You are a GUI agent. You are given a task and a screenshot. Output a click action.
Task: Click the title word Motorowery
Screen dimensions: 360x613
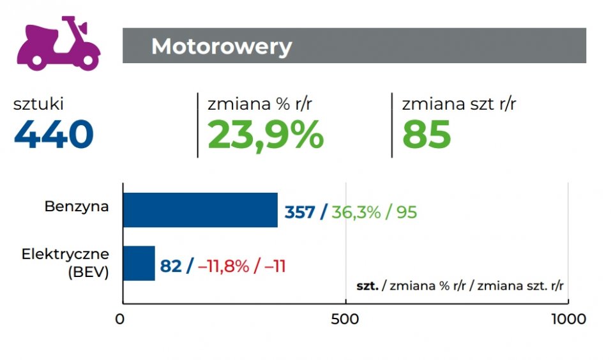pos(222,47)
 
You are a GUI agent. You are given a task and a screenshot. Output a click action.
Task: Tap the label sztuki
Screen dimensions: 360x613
pos(38,104)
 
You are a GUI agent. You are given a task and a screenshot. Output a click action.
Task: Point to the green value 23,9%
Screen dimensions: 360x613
pos(266,135)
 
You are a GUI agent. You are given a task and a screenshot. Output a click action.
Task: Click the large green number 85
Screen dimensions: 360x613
pos(427,135)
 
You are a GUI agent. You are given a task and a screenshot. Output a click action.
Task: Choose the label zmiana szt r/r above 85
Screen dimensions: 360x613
pos(458,104)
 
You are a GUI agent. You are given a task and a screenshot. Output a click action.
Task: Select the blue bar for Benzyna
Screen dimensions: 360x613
pos(200,210)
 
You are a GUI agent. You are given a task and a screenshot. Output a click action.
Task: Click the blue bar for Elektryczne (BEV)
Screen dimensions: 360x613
pos(139,263)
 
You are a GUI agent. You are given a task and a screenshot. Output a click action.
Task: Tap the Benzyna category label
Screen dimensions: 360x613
pos(77,207)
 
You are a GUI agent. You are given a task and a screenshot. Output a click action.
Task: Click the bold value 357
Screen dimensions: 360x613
pos(300,212)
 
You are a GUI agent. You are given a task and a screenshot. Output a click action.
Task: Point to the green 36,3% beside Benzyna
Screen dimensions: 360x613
pos(355,212)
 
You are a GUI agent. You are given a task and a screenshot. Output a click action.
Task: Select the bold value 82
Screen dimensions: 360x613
pos(170,266)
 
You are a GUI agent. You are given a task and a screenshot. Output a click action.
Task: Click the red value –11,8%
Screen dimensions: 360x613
pos(223,266)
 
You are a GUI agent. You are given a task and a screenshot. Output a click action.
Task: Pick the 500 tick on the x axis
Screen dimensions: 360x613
pos(345,319)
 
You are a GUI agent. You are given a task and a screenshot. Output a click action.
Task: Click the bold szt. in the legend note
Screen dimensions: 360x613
pos(367,287)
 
